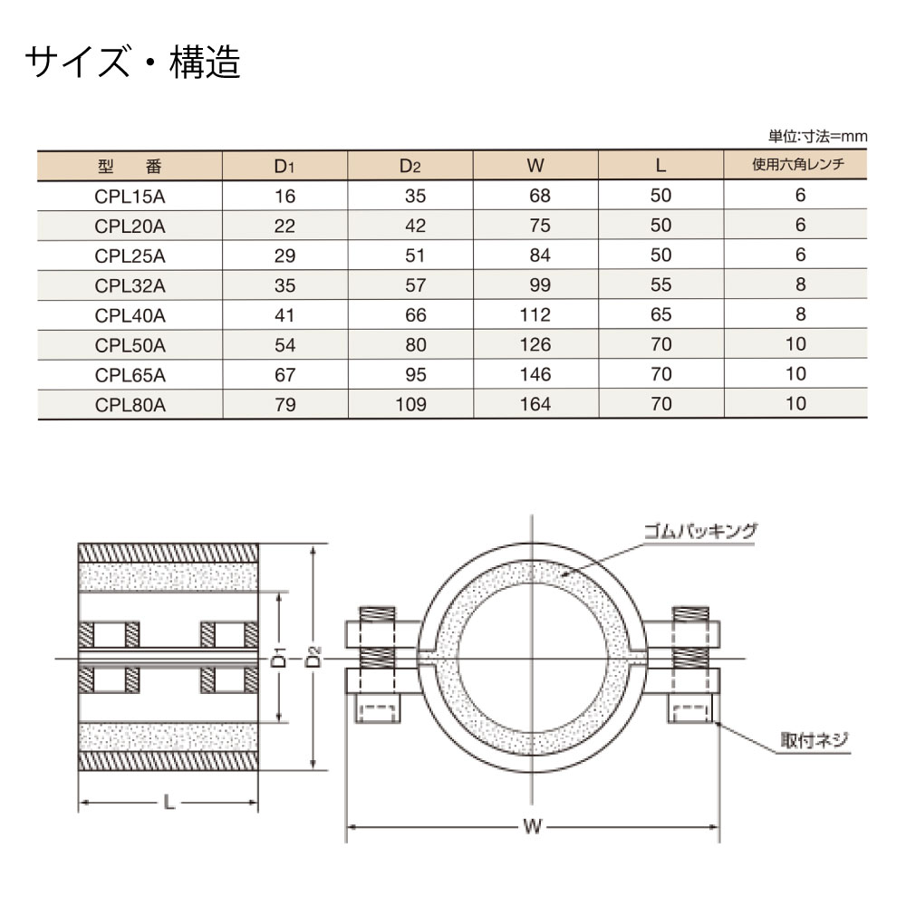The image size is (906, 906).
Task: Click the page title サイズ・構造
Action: [132, 62]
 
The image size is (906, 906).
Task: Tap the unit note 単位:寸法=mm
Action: [817, 137]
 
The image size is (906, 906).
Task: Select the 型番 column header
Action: [130, 167]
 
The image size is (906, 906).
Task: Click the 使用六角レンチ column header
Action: [797, 165]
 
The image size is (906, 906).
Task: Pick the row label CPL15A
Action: [130, 197]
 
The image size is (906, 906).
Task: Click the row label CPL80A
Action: [130, 404]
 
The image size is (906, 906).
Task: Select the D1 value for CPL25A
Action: [284, 255]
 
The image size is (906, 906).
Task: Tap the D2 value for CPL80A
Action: [410, 404]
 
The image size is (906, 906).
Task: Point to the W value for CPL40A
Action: [535, 314]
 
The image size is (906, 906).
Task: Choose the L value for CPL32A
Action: [661, 284]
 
